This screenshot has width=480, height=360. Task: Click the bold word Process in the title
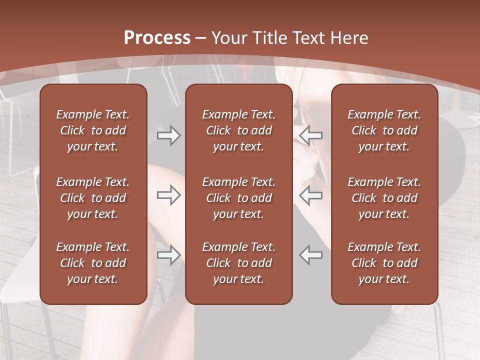157,38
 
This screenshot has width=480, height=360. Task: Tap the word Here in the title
349,38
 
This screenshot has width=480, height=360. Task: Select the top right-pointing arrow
169,135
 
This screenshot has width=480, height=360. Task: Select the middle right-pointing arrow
169,195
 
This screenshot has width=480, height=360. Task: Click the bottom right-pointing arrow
169,254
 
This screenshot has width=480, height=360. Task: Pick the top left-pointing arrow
311,135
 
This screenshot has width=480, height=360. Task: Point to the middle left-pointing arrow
311,195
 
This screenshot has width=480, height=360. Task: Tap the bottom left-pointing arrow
311,254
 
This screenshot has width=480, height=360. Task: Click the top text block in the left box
93,130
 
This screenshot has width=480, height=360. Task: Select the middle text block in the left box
93,198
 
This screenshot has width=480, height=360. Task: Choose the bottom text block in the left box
93,263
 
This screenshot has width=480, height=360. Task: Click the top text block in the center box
239,130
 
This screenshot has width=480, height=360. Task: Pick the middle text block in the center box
239,198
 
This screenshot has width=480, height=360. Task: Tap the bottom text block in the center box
239,263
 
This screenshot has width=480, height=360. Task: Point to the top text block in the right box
384,130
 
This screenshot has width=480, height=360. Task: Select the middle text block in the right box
384,198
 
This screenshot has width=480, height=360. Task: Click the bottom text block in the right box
384,263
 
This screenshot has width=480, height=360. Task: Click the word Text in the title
308,38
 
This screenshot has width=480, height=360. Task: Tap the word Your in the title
229,38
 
